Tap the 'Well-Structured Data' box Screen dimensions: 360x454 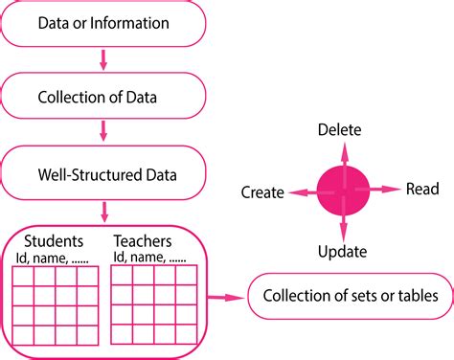pyautogui.click(x=102, y=174)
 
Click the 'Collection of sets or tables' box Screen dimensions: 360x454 pyautogui.click(x=349, y=297)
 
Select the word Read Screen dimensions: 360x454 pyautogui.click(x=422, y=190)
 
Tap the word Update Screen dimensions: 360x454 pyautogui.click(x=343, y=252)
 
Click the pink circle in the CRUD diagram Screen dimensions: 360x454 pyautogui.click(x=343, y=190)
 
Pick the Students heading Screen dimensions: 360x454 pyautogui.click(x=53, y=240)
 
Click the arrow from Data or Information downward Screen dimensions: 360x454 pyautogui.click(x=102, y=61)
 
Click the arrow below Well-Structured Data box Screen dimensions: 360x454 pyautogui.click(x=102, y=210)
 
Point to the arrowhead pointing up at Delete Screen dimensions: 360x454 pyautogui.click(x=343, y=146)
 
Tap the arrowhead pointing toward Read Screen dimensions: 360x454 pyautogui.click(x=395, y=190)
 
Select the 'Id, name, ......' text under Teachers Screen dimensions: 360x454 pyautogui.click(x=150, y=257)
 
